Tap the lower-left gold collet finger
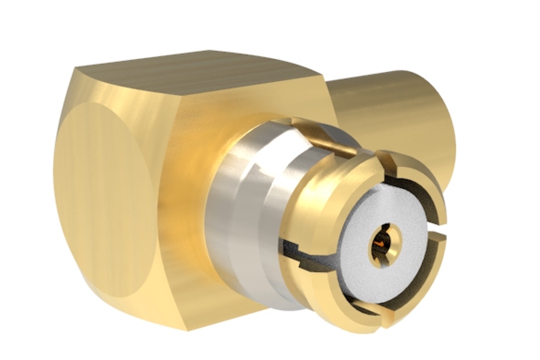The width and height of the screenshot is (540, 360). coord(324,291)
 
